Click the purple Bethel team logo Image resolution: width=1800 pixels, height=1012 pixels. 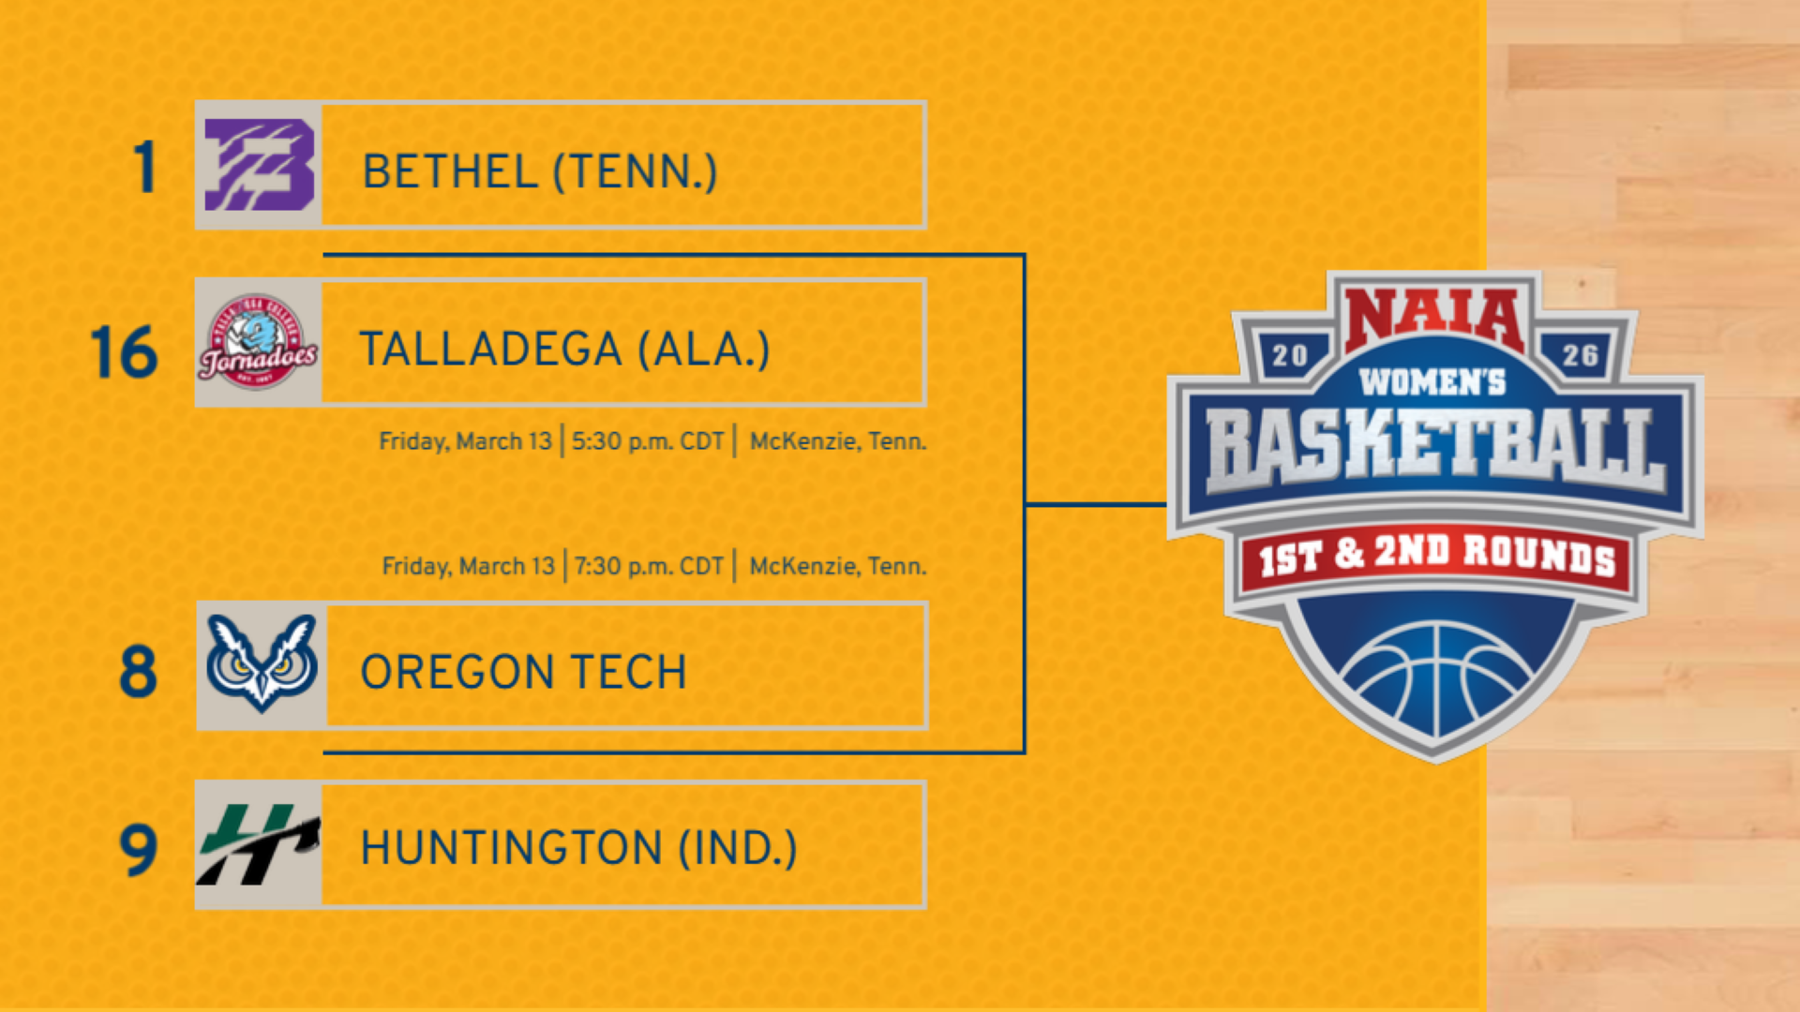click(259, 165)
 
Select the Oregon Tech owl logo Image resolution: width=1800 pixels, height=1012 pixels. click(262, 663)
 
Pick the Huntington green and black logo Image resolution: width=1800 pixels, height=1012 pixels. click(258, 845)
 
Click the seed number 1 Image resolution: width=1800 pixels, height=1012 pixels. click(144, 169)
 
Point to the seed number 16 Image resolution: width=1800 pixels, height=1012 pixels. click(124, 353)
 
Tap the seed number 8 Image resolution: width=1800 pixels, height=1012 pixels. click(138, 672)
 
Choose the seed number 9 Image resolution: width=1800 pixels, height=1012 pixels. click(138, 850)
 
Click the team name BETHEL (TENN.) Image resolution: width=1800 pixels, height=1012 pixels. click(540, 172)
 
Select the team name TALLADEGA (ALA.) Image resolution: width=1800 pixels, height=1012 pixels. click(564, 350)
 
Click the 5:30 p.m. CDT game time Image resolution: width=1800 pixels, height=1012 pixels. click(648, 441)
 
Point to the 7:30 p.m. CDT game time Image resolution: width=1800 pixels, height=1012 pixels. click(649, 566)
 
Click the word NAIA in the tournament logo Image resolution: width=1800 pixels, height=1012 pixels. click(1434, 319)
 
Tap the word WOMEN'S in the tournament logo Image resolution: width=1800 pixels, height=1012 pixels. click(1432, 382)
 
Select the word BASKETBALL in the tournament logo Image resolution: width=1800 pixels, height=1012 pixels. click(1434, 450)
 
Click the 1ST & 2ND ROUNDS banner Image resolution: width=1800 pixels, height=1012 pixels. click(1436, 557)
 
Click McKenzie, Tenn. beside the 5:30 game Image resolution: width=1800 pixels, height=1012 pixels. click(837, 441)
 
